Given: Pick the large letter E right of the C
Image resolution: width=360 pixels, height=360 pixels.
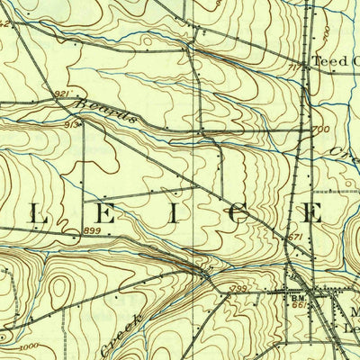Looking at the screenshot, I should pos(314,213).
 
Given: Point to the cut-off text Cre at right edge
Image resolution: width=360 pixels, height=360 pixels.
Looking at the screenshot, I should pos(344,156).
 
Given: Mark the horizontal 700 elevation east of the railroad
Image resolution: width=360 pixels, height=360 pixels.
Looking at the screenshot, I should pos(319,131).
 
